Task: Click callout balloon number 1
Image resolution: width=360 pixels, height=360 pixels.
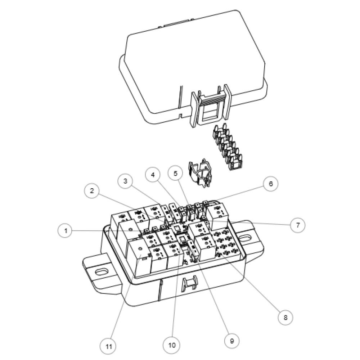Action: pyautogui.click(x=65, y=230)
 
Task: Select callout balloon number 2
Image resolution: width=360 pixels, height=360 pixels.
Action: pyautogui.click(x=92, y=190)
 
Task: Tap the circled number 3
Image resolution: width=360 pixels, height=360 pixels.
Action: pyautogui.click(x=125, y=181)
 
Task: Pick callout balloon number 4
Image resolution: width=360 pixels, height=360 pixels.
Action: pyautogui.click(x=153, y=175)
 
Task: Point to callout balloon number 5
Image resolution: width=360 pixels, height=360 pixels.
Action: pyautogui.click(x=175, y=174)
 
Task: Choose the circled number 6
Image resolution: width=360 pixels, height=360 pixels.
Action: pyautogui.click(x=271, y=184)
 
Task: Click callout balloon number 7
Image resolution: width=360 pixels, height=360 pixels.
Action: pyautogui.click(x=298, y=225)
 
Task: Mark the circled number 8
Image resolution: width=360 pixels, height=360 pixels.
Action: pyautogui.click(x=285, y=318)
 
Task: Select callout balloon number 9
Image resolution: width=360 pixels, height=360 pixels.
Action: pyautogui.click(x=231, y=341)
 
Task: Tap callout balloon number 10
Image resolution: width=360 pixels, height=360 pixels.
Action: pyautogui.click(x=171, y=345)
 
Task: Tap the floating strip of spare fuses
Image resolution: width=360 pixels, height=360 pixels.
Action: pyautogui.click(x=227, y=147)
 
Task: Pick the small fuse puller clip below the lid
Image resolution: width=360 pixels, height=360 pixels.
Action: pyautogui.click(x=200, y=173)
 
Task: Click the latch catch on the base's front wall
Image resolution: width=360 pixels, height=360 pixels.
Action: pyautogui.click(x=189, y=283)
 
